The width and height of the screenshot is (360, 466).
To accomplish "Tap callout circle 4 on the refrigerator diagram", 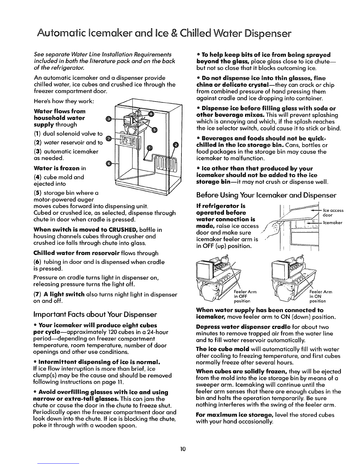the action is click(x=151, y=114).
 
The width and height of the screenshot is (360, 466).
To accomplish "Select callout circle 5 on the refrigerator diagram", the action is click(x=154, y=129).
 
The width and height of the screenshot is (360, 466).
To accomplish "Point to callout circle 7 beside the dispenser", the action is click(x=109, y=139).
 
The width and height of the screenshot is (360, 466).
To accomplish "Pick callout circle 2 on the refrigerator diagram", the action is click(x=176, y=145).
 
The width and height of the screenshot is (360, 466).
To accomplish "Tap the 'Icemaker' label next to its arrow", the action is click(x=333, y=223).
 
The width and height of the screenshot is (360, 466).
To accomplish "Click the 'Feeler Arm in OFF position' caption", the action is click(x=245, y=296).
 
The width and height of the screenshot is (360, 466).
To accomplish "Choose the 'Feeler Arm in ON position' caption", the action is click(x=321, y=296).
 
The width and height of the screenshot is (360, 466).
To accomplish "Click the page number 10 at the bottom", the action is click(x=183, y=449).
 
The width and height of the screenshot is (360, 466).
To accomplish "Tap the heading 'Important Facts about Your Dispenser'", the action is click(x=95, y=314).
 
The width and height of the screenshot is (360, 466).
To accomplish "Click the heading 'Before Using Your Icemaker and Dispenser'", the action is click(x=266, y=195).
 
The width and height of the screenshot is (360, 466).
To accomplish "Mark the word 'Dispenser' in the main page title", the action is click(x=268, y=34).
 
